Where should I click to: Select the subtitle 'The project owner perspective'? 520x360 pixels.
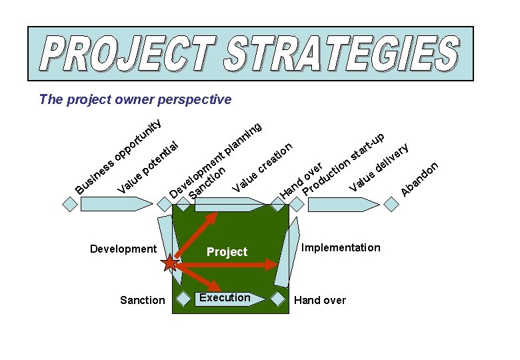135,99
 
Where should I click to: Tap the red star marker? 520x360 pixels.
170,263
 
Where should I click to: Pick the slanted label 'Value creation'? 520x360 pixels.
263,167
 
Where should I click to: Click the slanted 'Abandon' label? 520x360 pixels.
420,179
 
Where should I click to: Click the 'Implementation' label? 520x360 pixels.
341,248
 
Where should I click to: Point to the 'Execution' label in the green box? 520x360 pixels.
225,297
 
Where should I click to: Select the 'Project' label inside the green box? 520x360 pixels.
227,252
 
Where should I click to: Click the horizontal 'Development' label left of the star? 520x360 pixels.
123,249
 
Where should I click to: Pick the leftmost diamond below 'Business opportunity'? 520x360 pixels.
69,204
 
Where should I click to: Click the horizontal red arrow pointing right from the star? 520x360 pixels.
227,264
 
